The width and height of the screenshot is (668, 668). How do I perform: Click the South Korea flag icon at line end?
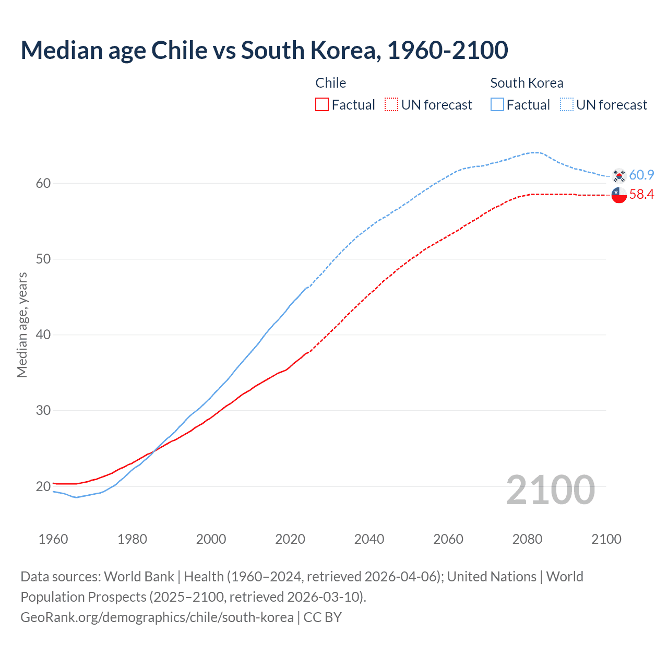pos(619,175)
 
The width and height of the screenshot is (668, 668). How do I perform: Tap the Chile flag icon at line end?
pos(619,195)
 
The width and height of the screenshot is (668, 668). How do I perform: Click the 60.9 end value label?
pos(641,175)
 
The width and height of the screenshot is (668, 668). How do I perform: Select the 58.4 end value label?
pos(641,195)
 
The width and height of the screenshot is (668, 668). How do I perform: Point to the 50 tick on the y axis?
pos(43,259)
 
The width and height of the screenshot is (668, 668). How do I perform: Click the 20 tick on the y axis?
pos(43,486)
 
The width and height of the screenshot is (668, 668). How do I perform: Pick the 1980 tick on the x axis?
pos(132,539)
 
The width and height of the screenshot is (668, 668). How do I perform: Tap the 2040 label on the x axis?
pos(369,539)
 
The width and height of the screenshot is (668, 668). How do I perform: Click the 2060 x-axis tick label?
pos(448,539)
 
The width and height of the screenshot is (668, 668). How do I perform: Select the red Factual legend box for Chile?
pos(322,105)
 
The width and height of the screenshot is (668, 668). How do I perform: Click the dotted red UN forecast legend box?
pos(391,105)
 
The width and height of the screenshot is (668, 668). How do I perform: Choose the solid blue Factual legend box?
pos(497,105)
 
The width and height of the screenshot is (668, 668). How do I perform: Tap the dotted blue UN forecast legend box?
pos(567,105)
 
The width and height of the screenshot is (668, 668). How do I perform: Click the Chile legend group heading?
pos(331,83)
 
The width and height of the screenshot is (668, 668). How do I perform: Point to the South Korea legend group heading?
pos(527,83)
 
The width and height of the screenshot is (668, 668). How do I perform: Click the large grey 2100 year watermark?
pos(550,490)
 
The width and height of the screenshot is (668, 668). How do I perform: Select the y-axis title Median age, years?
pos(22,325)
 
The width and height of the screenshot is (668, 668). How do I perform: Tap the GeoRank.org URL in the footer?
pos(157,617)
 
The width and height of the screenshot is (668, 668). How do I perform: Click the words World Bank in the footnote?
pos(139,577)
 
